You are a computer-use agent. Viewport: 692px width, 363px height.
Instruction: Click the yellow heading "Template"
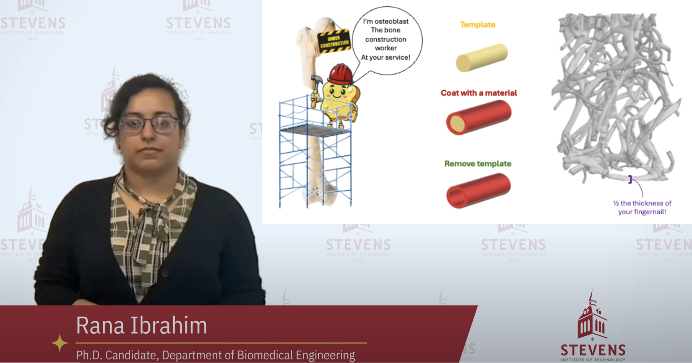coord(477,25)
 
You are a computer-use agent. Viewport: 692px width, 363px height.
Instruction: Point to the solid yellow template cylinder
coord(482,58)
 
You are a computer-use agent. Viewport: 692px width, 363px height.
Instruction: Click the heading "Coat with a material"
coord(478,93)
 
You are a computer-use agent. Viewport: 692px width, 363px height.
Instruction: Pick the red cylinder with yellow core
coord(478,117)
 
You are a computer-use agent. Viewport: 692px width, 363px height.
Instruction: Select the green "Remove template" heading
coord(478,164)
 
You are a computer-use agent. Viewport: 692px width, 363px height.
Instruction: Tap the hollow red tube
coord(478,191)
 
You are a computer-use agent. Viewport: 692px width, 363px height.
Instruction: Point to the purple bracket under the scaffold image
coord(630,179)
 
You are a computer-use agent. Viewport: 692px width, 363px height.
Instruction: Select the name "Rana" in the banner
coord(100,325)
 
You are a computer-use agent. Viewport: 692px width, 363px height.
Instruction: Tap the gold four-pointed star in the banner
coord(59,343)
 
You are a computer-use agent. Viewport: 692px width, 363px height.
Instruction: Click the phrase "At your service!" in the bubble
coord(386,57)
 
